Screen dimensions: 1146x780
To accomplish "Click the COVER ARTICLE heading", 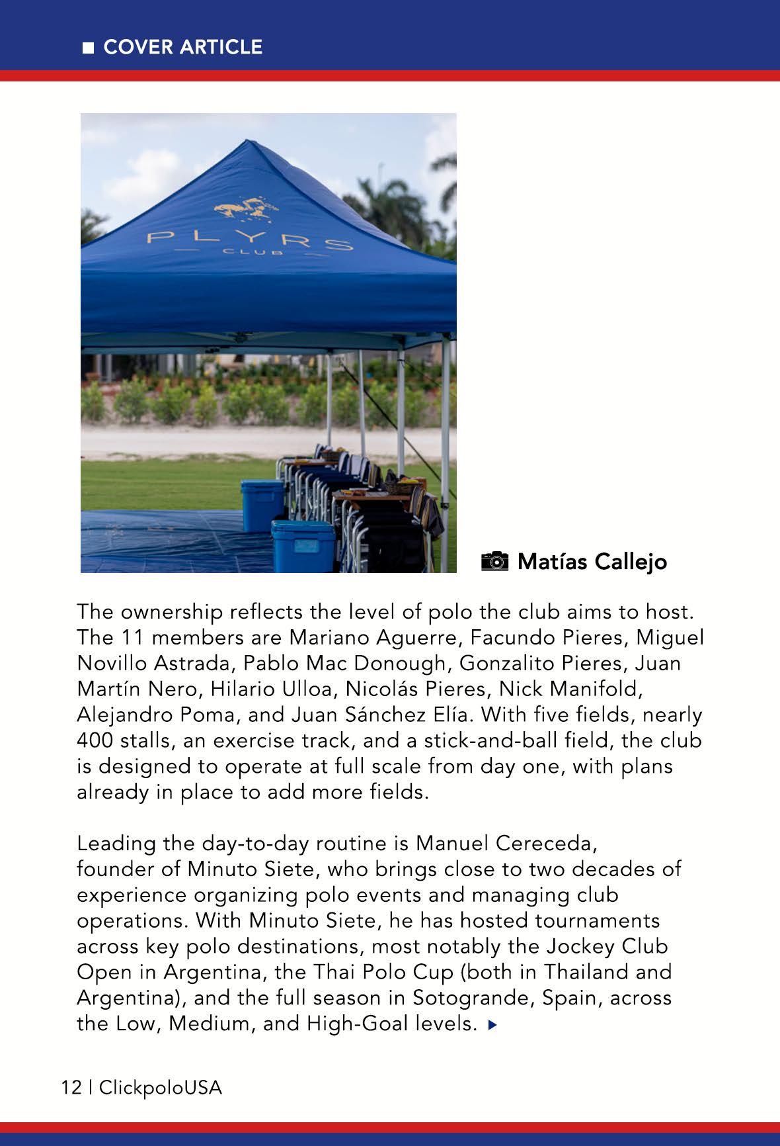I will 183,47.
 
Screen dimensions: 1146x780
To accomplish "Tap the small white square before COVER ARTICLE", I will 87,48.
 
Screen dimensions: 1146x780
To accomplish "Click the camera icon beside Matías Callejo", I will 495,561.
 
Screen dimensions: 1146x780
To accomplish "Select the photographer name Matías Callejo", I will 592,562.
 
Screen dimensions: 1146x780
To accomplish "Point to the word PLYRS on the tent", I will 250,240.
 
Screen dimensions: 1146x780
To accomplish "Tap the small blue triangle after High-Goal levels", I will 490,1025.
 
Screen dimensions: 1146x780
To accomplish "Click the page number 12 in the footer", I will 70,1087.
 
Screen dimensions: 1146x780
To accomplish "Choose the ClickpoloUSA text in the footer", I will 161,1087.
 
